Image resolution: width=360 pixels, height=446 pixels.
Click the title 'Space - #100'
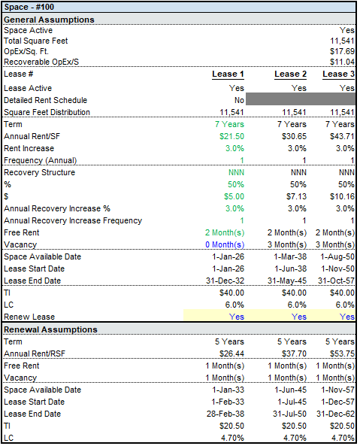pos(29,7)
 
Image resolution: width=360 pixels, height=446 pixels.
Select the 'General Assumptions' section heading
pos(50,19)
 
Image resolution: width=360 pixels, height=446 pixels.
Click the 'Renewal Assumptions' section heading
pos(51,329)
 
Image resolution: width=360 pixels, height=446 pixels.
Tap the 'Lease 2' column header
pos(291,74)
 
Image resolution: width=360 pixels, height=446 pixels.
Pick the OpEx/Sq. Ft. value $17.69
pos(341,51)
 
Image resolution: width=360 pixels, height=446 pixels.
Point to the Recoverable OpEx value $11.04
pos(341,62)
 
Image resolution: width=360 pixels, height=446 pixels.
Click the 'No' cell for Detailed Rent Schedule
pos(238,100)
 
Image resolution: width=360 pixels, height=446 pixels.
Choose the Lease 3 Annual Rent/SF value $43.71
pos(341,136)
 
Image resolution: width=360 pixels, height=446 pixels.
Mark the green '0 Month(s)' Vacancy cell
pos(224,244)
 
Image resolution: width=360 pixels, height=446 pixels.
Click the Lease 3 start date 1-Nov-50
pos(339,269)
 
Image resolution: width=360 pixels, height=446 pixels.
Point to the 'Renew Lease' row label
pos(29,317)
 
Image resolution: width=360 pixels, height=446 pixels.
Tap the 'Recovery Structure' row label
pos(39,172)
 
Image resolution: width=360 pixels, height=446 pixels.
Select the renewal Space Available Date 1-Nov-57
pos(338,390)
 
